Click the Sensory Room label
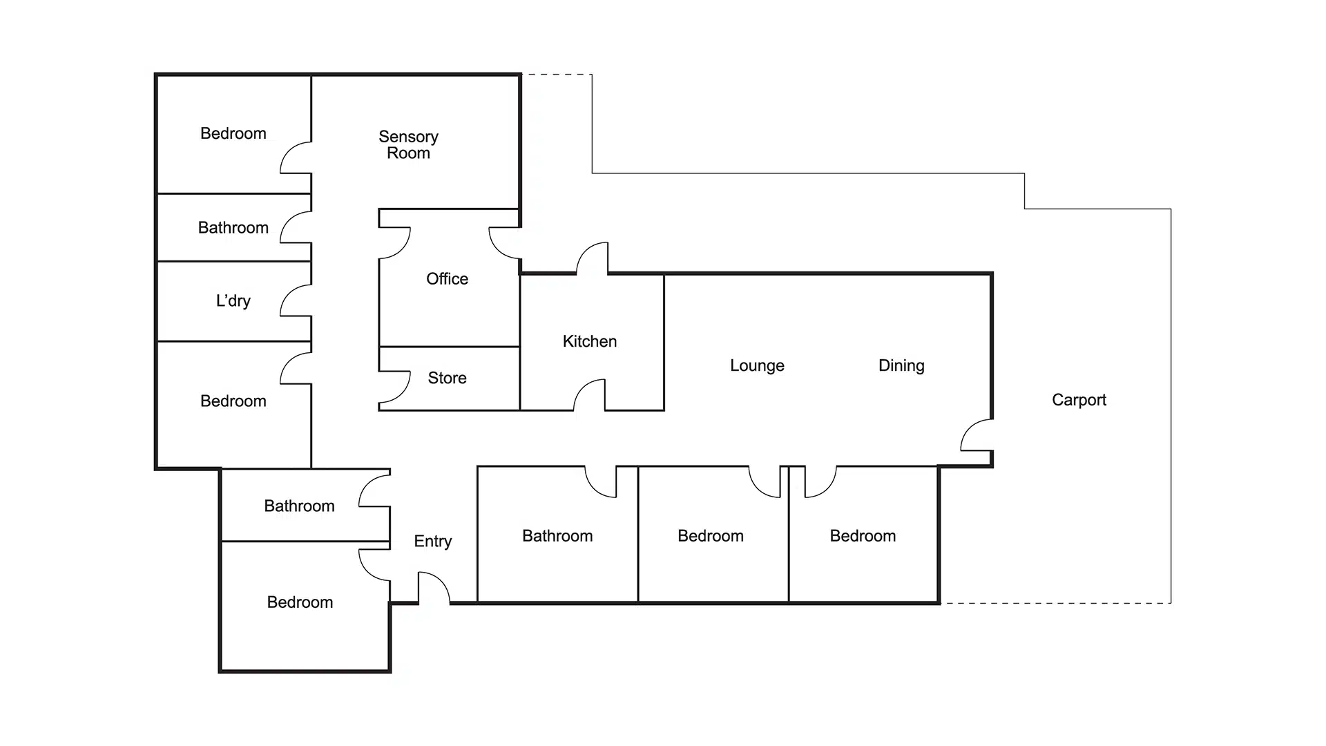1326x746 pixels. point(408,145)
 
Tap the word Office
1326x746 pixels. point(447,279)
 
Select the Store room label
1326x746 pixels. point(447,378)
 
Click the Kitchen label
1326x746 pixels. point(589,341)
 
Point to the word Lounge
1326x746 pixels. point(757,365)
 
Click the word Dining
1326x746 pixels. point(901,365)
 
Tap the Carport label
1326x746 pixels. point(1078,400)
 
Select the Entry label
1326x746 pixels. point(432,541)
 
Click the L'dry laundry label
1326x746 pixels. point(233,300)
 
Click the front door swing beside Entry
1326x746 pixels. point(433,589)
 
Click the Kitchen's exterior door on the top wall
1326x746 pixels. point(593,258)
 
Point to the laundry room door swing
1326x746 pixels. point(296,300)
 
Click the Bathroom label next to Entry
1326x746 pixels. point(299,506)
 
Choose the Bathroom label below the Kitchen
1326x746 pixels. point(557,536)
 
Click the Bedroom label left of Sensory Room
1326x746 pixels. point(233,133)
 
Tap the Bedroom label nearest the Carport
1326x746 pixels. point(862,536)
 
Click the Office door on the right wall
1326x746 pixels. point(504,242)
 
